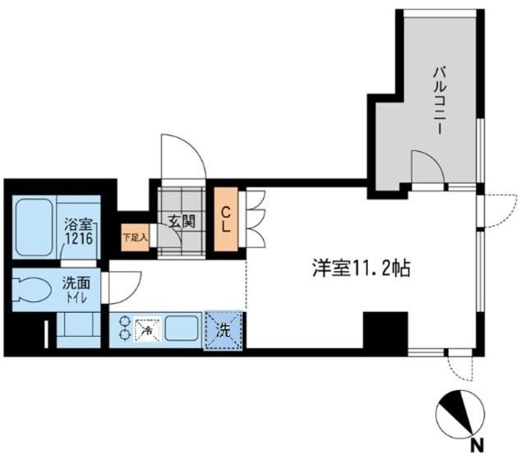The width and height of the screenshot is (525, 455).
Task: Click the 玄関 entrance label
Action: tap(181, 221)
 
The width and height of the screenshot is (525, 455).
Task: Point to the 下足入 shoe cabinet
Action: tap(134, 237)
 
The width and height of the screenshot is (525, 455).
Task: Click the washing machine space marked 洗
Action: tap(224, 330)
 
